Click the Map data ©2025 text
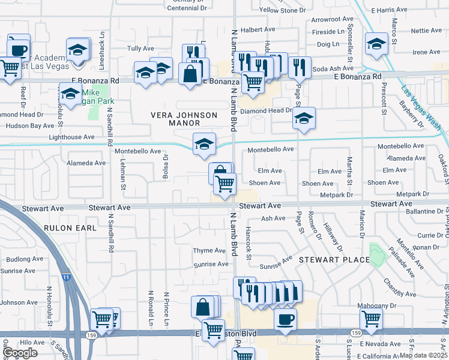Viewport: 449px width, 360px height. [x=423, y=355]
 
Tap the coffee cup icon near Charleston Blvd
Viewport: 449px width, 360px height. [x=285, y=318]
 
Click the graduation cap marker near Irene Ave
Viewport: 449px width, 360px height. [x=376, y=44]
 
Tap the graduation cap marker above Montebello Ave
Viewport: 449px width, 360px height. [x=204, y=143]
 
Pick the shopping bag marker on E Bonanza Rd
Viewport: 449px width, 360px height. [x=190, y=74]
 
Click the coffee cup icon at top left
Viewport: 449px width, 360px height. [x=19, y=49]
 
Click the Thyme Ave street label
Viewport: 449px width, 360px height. [x=209, y=250]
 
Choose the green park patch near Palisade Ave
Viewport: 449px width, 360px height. [x=377, y=254]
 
